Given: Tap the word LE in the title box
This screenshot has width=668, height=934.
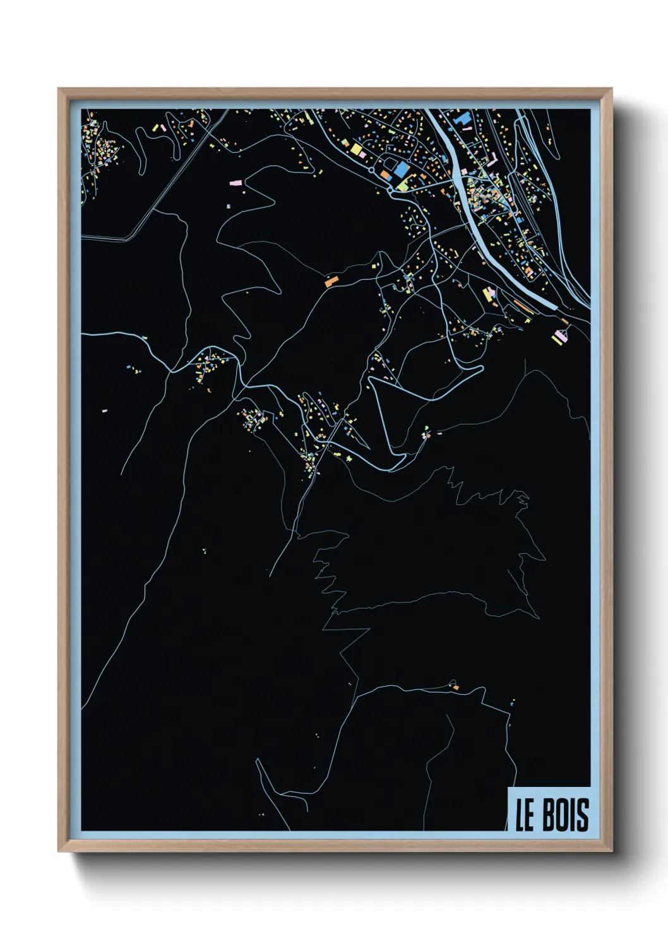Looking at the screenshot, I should click(x=525, y=815).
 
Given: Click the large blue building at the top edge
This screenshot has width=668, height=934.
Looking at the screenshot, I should click(x=462, y=117).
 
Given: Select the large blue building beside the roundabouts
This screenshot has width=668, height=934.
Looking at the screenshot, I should click(x=401, y=170).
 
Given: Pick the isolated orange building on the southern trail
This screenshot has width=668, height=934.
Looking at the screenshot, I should click(x=455, y=687).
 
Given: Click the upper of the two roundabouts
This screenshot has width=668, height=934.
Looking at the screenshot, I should click(x=371, y=170).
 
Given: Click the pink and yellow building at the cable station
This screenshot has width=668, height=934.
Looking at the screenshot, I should click(x=559, y=337).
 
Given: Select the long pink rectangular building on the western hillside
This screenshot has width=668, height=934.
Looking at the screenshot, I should click(x=235, y=182).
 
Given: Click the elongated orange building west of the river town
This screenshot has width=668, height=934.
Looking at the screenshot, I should click(x=332, y=280).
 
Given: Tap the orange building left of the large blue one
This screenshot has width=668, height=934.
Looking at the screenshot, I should click(x=385, y=174).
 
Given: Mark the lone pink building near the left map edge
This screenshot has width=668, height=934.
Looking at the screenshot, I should click(x=105, y=411).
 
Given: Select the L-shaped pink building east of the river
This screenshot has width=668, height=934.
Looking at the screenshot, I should click(x=491, y=162).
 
